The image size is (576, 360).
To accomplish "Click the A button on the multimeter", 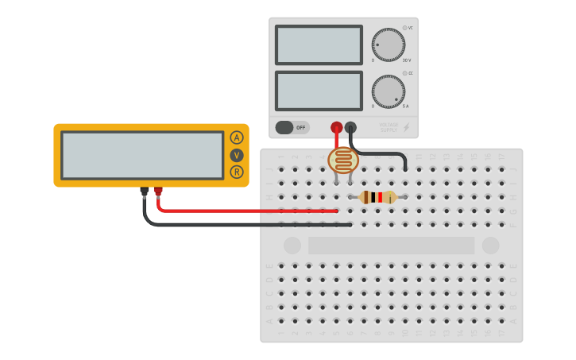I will pos(237,137).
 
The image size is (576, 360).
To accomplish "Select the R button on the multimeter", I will pos(237,172).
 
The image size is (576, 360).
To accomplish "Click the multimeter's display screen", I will pos(142,155).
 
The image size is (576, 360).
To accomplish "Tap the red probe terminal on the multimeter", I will pos(158,191).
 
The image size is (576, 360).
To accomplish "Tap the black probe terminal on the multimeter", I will pos(144,191).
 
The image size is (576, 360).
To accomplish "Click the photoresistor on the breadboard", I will pos(343,161).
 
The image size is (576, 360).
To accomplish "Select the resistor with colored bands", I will pos(377,197).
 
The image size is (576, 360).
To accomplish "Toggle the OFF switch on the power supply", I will pos(292,127).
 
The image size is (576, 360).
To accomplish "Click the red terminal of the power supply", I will pos(337,127).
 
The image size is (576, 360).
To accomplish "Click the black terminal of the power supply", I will pos(350,127).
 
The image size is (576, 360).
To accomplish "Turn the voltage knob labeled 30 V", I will pos(388,45).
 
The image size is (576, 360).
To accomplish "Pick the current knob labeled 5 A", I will pos(388,91).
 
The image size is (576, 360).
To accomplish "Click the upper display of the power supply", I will pos(319,45).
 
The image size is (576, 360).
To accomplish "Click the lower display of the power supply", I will pos(319,91).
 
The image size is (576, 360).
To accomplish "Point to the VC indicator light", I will pos(404,28).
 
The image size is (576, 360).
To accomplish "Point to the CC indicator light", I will pos(404,73).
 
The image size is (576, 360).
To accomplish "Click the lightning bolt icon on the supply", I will pos(407,127).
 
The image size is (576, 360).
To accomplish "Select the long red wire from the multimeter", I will pos(246,211).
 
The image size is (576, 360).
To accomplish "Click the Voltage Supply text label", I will pos(389,127).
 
